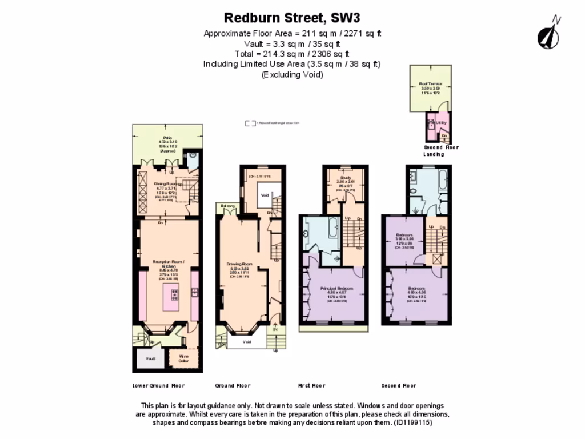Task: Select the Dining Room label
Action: tap(165, 183)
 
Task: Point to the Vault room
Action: tap(150, 358)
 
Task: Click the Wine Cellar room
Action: tap(183, 358)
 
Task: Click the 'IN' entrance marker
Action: tap(275, 329)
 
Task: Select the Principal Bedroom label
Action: tap(336, 288)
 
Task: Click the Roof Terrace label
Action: tap(430, 84)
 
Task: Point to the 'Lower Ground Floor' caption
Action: tap(158, 385)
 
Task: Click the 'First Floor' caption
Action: tap(311, 385)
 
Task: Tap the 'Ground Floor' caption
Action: tap(233, 385)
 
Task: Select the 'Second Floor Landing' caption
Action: tap(440, 151)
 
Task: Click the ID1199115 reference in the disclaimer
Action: tap(411, 423)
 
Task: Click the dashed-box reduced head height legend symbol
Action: tap(250, 123)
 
